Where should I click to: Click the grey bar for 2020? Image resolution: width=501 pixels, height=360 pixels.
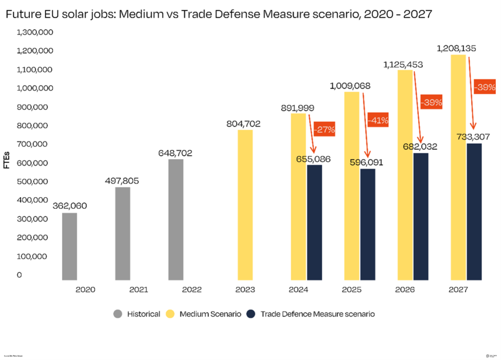[x=70, y=246]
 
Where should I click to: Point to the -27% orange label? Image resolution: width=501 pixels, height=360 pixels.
[x=325, y=129]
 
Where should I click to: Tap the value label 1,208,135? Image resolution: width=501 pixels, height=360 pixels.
[x=456, y=48]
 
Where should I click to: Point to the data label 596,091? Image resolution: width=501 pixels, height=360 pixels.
[x=366, y=163]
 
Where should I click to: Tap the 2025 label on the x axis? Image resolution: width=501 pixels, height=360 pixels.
[x=352, y=290]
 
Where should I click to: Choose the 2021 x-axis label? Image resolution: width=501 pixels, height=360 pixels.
[x=138, y=290]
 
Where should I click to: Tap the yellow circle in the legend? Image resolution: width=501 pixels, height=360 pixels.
[x=171, y=314]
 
